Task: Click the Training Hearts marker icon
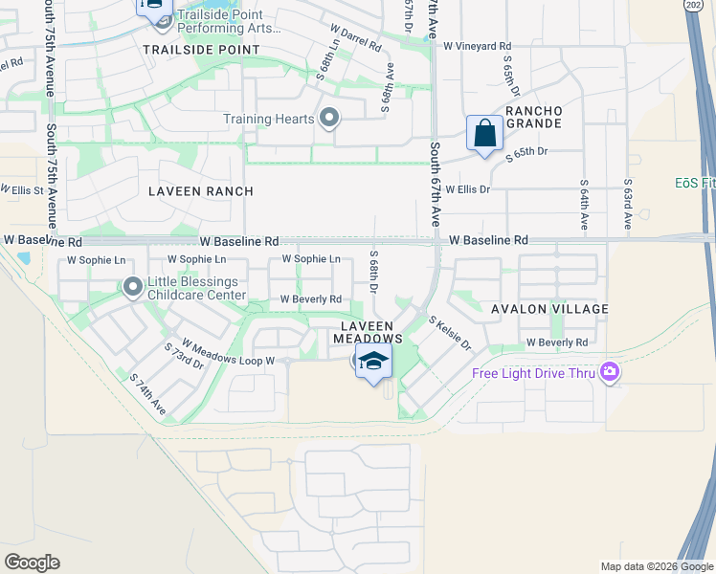pos(329,119)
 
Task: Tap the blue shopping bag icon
pos(485,132)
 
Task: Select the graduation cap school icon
pos(375,361)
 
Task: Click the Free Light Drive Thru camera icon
pos(609,372)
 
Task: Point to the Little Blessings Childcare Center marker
pos(133,285)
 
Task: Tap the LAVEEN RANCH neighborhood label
pos(201,191)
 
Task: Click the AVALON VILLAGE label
pos(549,309)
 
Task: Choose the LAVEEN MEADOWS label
pos(369,332)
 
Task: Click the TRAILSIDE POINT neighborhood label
pos(201,49)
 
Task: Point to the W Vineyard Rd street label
pos(477,46)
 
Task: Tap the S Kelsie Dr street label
pos(450,333)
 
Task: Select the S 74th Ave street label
pos(147,394)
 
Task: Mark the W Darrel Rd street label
pos(354,38)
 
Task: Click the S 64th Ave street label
pos(584,205)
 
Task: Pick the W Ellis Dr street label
pos(467,189)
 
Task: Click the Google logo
pos(32,563)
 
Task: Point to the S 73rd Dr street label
pos(184,355)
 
